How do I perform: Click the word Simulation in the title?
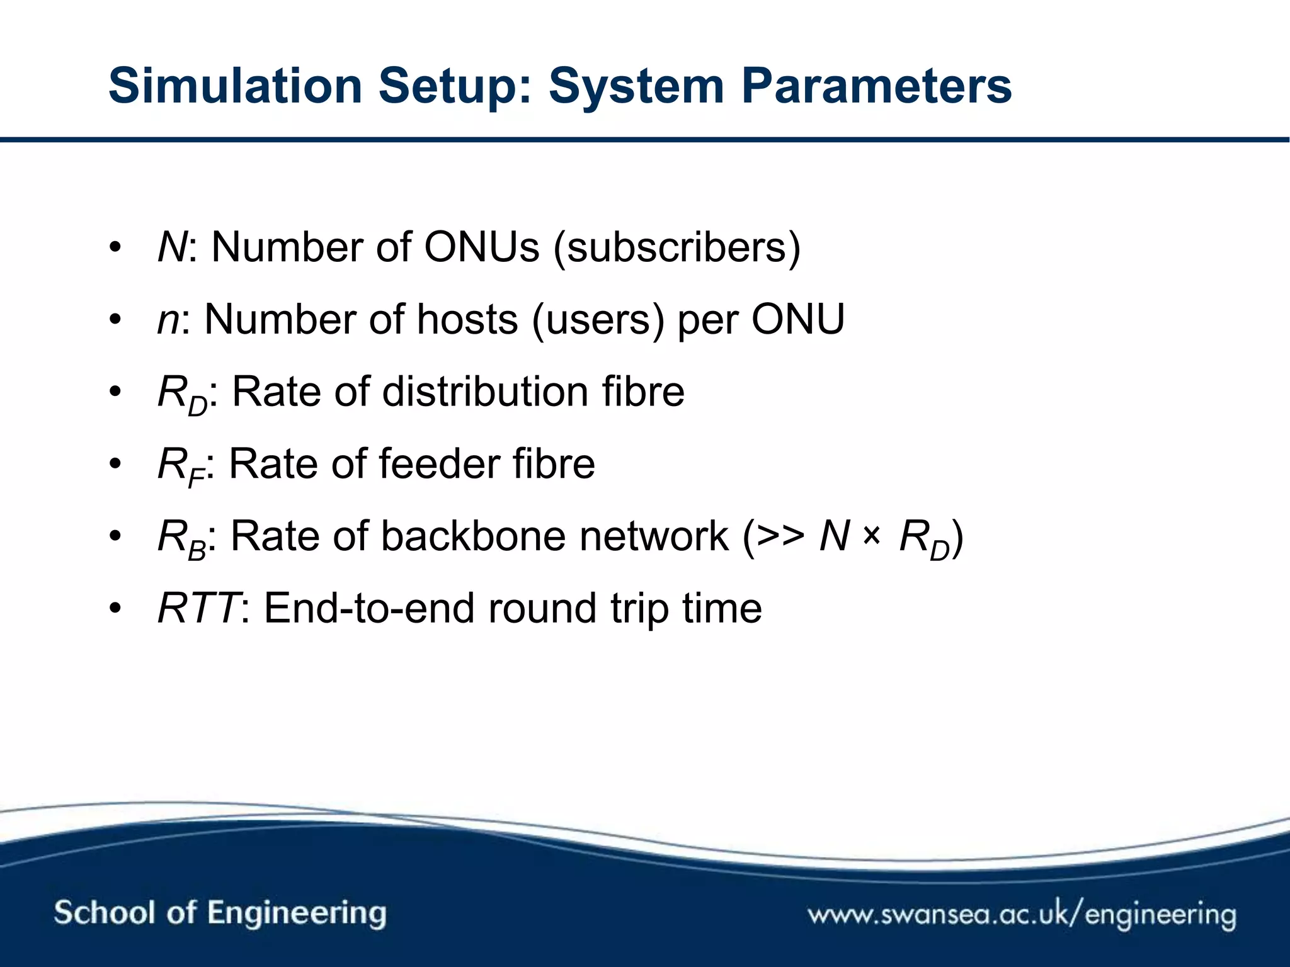235,86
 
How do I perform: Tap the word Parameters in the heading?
876,86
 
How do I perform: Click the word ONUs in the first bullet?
481,247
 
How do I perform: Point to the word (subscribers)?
676,248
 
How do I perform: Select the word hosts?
467,320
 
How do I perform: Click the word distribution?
485,392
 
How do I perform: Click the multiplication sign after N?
871,536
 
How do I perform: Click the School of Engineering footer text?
220,913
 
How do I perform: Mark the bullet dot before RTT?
114,609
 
